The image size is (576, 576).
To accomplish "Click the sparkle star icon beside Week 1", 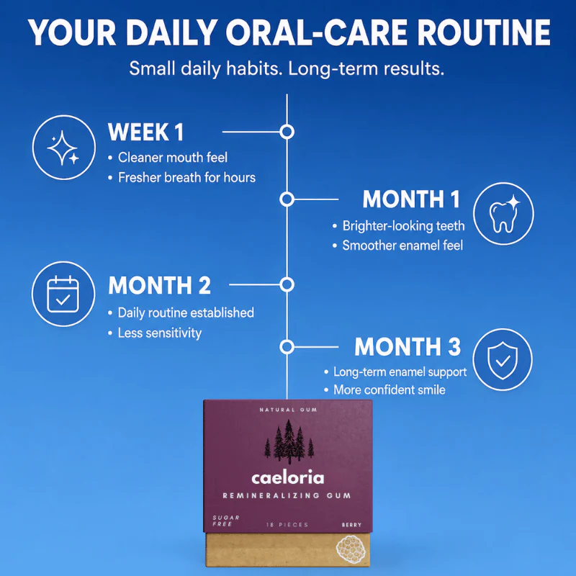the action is (63, 148).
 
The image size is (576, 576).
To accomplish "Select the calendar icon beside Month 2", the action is (63, 294).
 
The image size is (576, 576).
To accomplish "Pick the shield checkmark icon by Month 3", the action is (502, 359).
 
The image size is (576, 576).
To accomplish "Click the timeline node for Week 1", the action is (287, 132).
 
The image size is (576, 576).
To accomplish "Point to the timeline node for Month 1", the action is (287, 199).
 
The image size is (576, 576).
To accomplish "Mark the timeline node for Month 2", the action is (287, 284).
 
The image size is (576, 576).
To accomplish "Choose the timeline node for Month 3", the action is (287, 347).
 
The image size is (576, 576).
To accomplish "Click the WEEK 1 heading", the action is (146, 132).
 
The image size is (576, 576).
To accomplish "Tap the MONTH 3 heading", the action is (408, 347).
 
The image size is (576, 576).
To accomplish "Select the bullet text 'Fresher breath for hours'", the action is (186, 178).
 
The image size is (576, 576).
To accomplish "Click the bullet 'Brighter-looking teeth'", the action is (404, 226).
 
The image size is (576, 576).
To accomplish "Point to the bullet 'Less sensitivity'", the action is (160, 333).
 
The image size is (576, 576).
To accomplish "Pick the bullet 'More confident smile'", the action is (390, 390).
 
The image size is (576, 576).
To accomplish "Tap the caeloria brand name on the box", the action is (287, 478).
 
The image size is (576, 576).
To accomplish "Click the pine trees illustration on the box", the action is (289, 442).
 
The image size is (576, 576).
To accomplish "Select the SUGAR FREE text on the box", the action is (226, 521).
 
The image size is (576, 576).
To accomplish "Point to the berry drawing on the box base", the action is (350, 549).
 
